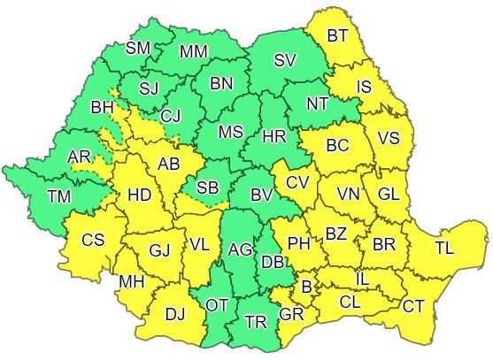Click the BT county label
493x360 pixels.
coord(337,36)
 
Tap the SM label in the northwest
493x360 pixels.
coord(138,48)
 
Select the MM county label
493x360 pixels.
coord(193,51)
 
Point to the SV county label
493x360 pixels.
coord(284,61)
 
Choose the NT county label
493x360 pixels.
coord(317,103)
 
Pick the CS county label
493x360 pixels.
coord(93,240)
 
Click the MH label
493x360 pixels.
coord(132,282)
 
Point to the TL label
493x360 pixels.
coord(444,249)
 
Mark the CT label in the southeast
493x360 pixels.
coord(413,306)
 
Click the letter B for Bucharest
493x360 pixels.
coord(307,286)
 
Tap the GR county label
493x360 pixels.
coord(290,314)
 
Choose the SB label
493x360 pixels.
coord(207,188)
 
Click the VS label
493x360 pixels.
coord(388,139)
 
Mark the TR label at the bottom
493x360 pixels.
coord(256,322)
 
